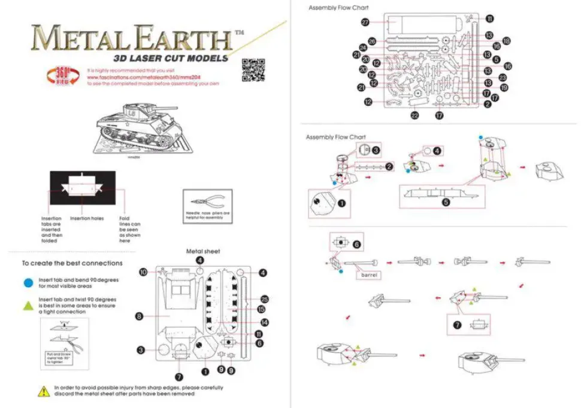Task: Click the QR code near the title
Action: click(252, 71)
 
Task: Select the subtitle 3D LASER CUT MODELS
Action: click(171, 58)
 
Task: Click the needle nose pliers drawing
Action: click(207, 202)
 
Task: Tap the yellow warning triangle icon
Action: click(44, 392)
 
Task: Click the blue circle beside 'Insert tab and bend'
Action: click(29, 282)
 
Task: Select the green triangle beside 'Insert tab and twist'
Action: click(29, 305)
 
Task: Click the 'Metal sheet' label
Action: click(203, 251)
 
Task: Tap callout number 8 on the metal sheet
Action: click(138, 316)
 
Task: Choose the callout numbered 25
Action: click(264, 299)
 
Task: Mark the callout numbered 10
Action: click(143, 272)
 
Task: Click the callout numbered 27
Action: click(365, 22)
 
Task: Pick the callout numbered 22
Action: click(414, 115)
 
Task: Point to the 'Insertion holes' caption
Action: click(87, 219)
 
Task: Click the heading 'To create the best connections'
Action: click(72, 263)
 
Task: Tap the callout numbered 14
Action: click(264, 322)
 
